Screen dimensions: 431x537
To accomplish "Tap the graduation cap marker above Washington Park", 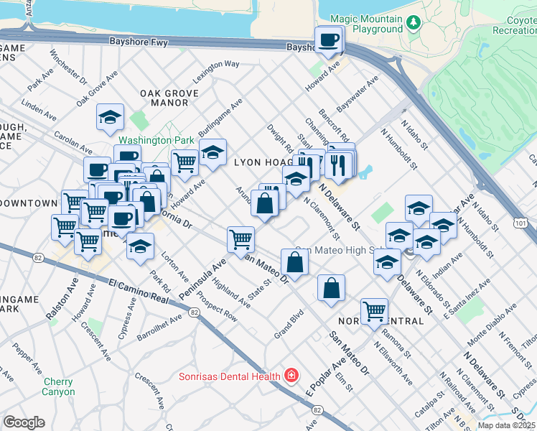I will pos(110,117).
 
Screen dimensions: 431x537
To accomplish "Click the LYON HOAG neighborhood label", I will pos(261,163).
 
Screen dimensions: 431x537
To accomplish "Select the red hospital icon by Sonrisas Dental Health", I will pos(291,376).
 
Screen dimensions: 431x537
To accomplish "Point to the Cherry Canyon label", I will pos(58,386).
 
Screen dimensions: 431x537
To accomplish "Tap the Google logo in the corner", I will pos(24,422).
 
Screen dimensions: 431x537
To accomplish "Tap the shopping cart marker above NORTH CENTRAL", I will pos(374,312).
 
